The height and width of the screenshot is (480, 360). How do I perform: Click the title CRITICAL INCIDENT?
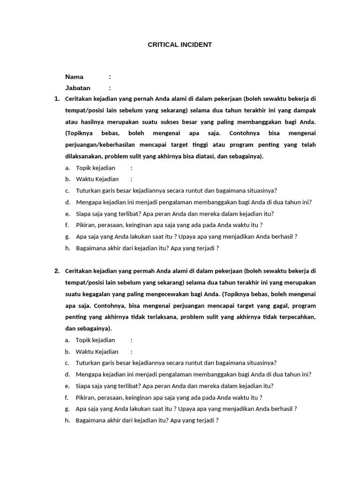pyautogui.click(x=180, y=45)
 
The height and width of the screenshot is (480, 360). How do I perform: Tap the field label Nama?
pyautogui.click(x=74, y=77)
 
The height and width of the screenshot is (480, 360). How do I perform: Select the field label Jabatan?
pyautogui.click(x=78, y=88)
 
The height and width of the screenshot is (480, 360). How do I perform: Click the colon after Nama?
pyautogui.click(x=110, y=77)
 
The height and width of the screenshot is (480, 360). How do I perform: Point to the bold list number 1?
pyautogui.click(x=57, y=99)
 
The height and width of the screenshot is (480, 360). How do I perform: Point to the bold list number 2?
pyautogui.click(x=57, y=271)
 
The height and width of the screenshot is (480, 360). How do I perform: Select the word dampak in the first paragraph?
pyautogui.click(x=304, y=111)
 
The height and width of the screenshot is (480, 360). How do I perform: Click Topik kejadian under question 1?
pyautogui.click(x=95, y=168)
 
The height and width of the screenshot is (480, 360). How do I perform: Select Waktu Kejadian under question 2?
pyautogui.click(x=97, y=352)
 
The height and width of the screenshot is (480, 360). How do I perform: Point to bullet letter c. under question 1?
pyautogui.click(x=67, y=191)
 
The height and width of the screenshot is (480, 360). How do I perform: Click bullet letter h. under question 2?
pyautogui.click(x=67, y=420)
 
